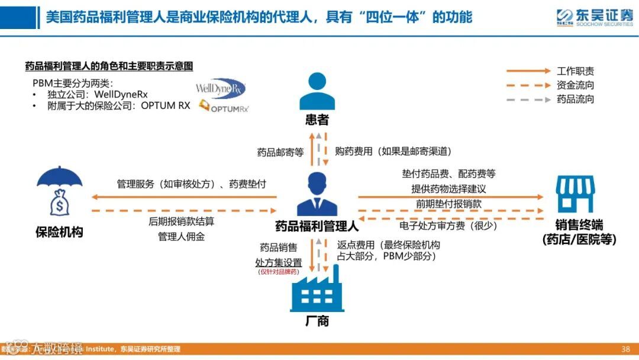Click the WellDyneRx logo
coord(220,89)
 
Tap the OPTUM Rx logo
coord(224,107)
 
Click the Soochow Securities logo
coord(594,17)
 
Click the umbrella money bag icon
coord(58,194)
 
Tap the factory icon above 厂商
coord(317,288)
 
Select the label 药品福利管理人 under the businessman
coord(317,226)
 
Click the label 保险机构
coord(59,232)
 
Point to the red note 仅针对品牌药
coord(278,272)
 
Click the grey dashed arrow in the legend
coord(528,99)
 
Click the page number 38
coord(625,349)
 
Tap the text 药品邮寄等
coord(280,152)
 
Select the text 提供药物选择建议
coord(448,189)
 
